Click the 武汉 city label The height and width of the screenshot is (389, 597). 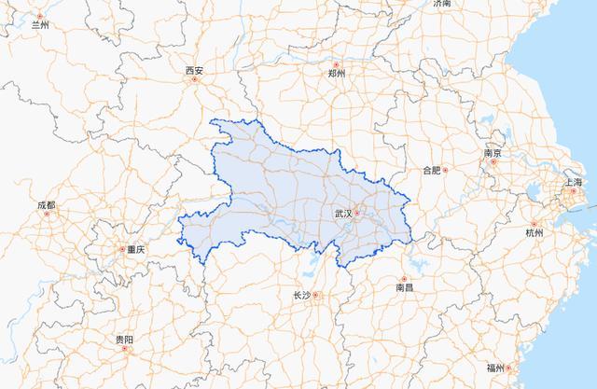pos(342,214)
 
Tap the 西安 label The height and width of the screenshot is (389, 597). pos(194,70)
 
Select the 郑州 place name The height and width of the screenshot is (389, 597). pos(337,72)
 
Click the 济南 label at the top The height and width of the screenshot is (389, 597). pos(442,4)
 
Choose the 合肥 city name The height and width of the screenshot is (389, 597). pos(431,171)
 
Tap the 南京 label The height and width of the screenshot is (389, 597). pos(493,153)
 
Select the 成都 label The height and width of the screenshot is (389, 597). pos(46,204)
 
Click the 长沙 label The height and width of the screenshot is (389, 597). pos(301,295)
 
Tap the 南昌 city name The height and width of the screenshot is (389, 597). pos(404,289)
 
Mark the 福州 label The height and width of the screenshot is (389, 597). pos(495,366)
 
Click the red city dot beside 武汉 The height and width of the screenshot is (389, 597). pos(356,214)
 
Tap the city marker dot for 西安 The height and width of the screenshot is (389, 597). pos(194,79)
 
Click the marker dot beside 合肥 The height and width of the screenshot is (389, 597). pos(445,171)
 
